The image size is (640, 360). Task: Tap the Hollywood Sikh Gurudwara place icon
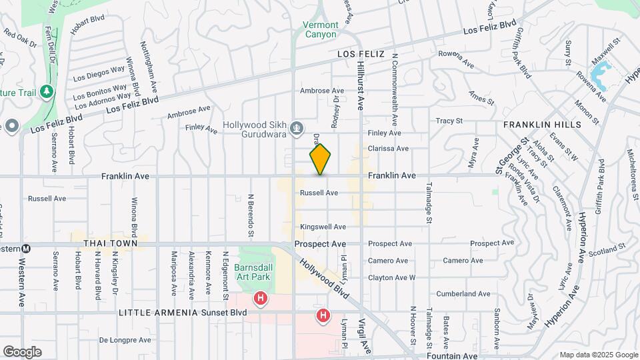coord(298,127)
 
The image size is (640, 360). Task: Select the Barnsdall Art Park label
coord(251,272)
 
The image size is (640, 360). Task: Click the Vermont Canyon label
coord(321,30)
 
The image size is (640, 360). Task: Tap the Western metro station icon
coord(26,248)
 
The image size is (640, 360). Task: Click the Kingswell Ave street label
coord(323,227)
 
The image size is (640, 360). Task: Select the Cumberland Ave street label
coord(463,293)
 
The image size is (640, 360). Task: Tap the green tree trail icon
coord(47,91)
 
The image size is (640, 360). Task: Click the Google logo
coord(22,351)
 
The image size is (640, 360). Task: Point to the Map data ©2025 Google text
coord(598,355)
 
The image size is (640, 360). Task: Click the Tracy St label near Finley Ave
coord(449,121)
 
